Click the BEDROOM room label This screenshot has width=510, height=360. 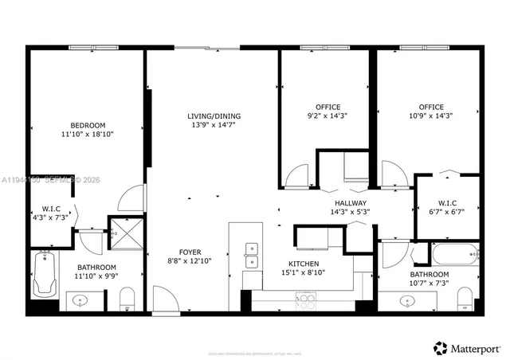(x=88, y=125)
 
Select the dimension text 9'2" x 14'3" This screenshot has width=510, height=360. (x=328, y=116)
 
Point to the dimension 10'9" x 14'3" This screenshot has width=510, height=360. (x=431, y=116)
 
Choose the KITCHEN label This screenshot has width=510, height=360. (x=303, y=264)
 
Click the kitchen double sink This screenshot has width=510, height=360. (x=252, y=255)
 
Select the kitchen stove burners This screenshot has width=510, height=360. (x=305, y=300)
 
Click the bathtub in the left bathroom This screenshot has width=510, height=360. (x=44, y=275)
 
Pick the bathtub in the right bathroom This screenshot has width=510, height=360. (x=453, y=256)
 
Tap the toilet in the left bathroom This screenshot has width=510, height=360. (x=125, y=300)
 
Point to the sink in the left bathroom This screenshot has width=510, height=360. (x=80, y=301)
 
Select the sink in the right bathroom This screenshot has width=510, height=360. (x=408, y=302)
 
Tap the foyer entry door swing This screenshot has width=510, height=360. (x=163, y=300)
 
